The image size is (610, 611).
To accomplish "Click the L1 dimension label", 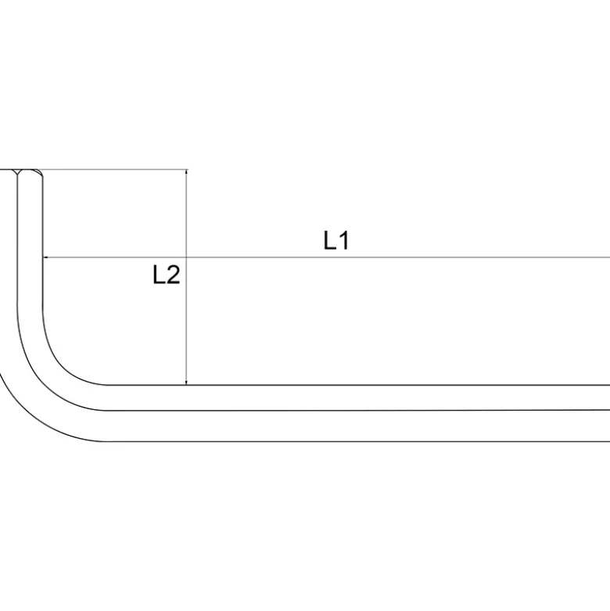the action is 336,240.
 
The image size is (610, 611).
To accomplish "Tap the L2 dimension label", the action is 167,275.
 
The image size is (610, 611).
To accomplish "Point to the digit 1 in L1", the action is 344,240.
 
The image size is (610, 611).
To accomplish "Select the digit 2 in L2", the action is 173,275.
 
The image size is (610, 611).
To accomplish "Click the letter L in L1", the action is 329,240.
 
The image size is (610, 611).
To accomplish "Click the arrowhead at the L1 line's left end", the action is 45,257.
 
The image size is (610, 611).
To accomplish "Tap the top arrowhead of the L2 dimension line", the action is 187,172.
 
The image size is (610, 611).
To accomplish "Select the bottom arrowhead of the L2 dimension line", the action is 187,382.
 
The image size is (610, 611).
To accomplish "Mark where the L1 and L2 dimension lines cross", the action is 187,257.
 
